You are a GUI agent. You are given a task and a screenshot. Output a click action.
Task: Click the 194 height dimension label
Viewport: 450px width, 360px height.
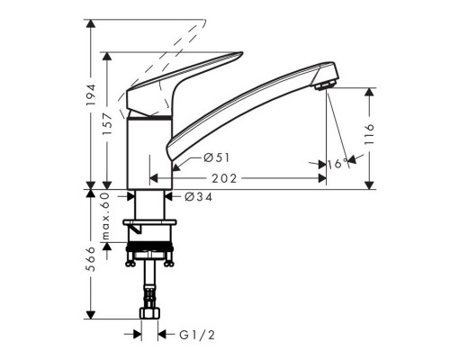(91, 94)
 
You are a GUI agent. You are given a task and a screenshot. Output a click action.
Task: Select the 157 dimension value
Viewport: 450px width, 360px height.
(107, 124)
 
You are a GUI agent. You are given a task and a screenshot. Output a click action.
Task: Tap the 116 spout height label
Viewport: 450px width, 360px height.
(370, 134)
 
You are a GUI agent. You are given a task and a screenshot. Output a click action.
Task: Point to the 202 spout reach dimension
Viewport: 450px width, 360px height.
(224, 179)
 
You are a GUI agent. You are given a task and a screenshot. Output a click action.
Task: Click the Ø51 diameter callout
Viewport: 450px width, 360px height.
(216, 157)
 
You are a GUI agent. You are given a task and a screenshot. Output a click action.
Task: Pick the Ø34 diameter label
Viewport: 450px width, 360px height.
(198, 197)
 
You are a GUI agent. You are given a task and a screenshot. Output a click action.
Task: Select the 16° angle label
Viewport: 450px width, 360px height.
(337, 164)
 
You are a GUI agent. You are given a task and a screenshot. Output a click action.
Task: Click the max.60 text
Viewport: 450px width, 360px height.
(105, 216)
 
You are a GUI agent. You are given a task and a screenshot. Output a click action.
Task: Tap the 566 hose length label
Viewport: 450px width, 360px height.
(91, 259)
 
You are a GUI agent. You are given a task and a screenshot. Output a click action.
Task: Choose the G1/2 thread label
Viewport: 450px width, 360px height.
(197, 335)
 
